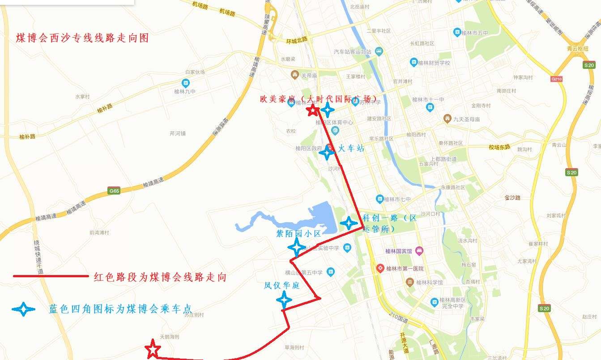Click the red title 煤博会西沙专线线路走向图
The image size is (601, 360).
[x=82, y=38]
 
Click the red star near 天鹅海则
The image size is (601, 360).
[x=153, y=349]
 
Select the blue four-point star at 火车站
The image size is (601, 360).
[x=327, y=153]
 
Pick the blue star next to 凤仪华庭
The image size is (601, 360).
[x=284, y=299]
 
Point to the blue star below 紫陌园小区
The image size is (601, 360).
[x=296, y=247]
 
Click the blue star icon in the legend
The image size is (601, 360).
[x=24, y=309]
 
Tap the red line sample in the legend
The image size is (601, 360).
[x=51, y=276]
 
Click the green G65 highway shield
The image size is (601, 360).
[x=115, y=191]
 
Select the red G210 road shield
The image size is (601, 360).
[x=556, y=79]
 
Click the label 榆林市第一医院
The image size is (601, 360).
[x=405, y=269]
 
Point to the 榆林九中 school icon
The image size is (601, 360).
[x=185, y=83]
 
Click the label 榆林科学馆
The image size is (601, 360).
[x=429, y=282]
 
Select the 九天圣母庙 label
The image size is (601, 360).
[x=466, y=119]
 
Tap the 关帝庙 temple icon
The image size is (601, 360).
[x=294, y=74]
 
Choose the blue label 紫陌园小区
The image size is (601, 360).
[x=298, y=233]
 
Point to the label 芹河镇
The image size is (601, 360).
[x=178, y=133]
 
